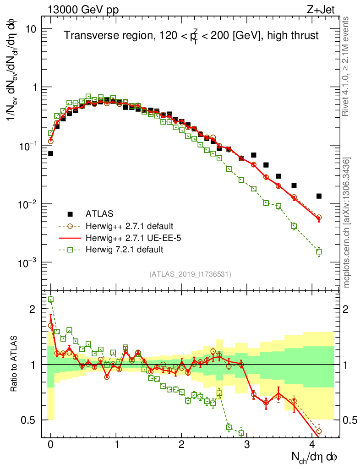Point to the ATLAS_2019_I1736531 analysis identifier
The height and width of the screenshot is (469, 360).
tap(190, 274)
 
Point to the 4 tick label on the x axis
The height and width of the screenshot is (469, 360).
tap(312, 444)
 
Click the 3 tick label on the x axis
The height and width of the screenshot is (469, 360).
tap(247, 444)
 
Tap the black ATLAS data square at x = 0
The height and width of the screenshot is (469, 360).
tap(50, 153)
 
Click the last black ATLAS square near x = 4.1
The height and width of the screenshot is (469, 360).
tap(319, 196)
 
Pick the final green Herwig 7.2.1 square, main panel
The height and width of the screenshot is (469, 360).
tap(319, 251)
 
